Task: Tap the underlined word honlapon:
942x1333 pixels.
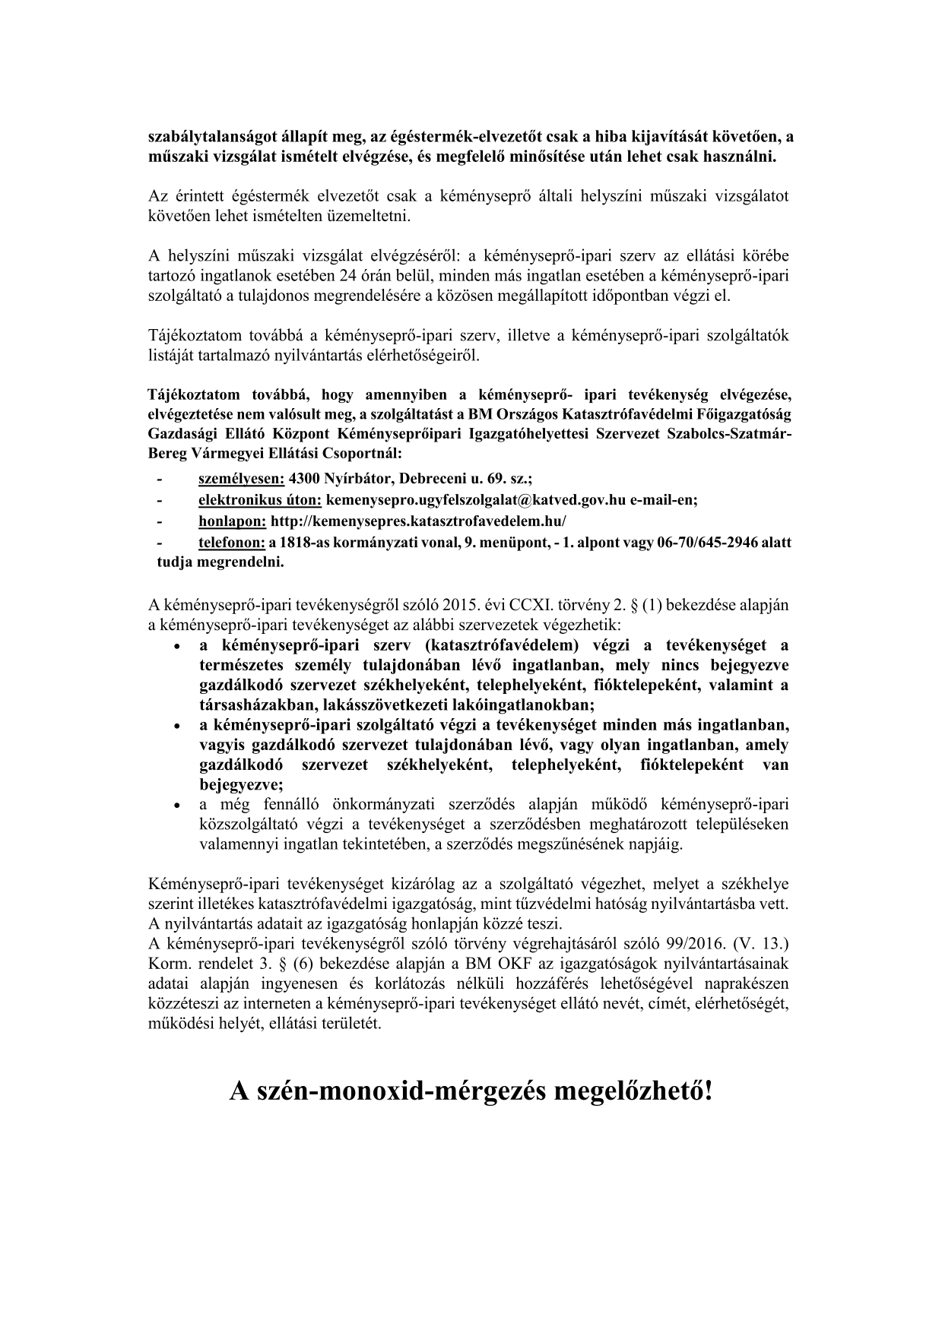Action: pos(232,521)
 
